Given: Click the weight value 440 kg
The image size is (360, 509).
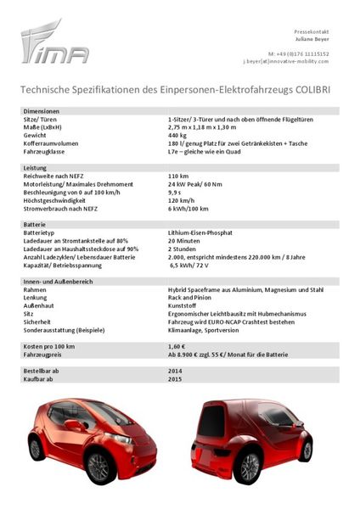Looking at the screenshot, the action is tap(177, 134).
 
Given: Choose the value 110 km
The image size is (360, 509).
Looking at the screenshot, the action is tap(178, 176).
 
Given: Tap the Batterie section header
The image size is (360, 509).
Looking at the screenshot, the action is tap(37, 223).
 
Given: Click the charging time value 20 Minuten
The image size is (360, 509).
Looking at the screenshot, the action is tap(185, 239).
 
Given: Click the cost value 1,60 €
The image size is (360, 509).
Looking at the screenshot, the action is tap(177, 346).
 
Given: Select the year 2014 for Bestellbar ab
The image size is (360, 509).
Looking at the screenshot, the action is tap(176, 371).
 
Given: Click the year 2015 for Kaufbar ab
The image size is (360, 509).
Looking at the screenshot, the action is tap(176, 378).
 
